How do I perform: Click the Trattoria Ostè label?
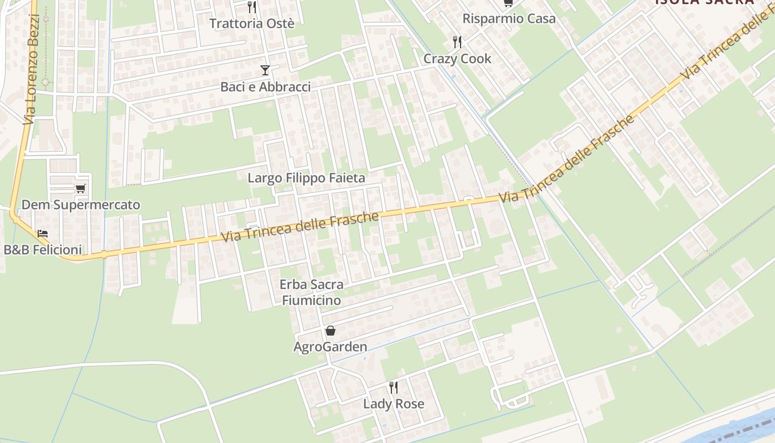coord(251,24)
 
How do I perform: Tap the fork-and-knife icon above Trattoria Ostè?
coord(252,7)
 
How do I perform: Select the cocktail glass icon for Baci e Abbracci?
coord(265,70)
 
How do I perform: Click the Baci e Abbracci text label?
coord(265,87)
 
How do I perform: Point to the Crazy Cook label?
coord(457,59)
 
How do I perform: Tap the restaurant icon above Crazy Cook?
coord(457,42)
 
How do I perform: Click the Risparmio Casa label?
coord(509,18)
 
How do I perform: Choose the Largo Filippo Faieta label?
coord(306,178)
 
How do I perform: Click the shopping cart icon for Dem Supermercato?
coord(81,189)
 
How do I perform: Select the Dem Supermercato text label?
coord(81,205)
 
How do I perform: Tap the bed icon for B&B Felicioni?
coord(43,234)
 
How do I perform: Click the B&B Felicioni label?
coord(43,250)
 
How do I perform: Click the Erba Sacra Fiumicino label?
coord(311,292)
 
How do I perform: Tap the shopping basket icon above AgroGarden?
coord(330,331)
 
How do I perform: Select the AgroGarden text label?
coord(330,347)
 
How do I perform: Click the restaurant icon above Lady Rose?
coord(394,387)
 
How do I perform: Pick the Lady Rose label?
coord(394,404)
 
